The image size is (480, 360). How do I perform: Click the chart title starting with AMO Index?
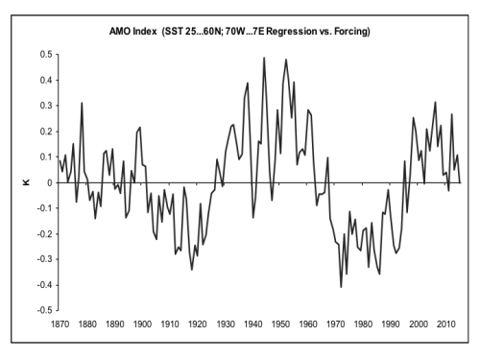tap(240, 32)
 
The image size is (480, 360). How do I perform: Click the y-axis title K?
tap(26, 182)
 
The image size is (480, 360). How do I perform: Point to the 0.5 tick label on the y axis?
tap(46, 55)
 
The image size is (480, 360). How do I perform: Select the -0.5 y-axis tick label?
tap(44, 310)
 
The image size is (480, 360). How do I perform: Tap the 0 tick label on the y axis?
tap(50, 182)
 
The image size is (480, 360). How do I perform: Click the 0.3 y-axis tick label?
tap(46, 106)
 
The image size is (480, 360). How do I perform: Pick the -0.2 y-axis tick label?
tap(44, 234)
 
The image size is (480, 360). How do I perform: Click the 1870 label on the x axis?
tap(60, 324)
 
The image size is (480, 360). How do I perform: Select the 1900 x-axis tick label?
tap(142, 324)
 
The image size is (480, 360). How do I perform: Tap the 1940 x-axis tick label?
tap(252, 324)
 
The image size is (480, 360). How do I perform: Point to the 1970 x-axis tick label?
tap(335, 324)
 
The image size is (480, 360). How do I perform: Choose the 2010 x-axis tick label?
tap(445, 324)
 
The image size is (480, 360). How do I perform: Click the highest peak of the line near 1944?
tap(264, 58)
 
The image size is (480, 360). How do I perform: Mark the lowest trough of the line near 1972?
tap(341, 287)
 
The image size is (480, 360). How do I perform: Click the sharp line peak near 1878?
tap(82, 103)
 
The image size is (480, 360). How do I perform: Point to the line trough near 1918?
tap(192, 270)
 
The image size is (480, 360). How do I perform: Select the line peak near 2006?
tap(435, 102)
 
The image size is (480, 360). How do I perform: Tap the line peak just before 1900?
tap(140, 128)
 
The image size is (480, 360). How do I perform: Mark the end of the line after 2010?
tap(460, 182)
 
